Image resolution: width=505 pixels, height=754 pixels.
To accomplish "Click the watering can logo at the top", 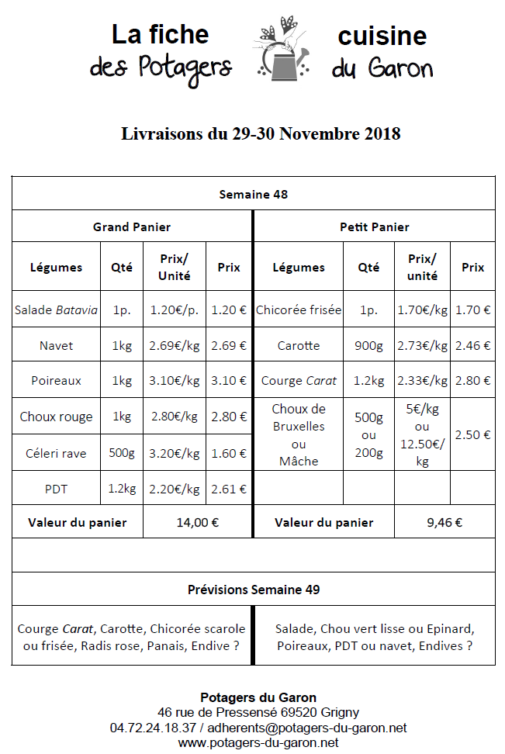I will pyautogui.click(x=285, y=51).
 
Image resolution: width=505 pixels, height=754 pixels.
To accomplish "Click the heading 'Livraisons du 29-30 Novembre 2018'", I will pyautogui.click(x=261, y=133).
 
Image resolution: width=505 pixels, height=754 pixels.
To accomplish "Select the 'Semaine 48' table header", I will pyautogui.click(x=253, y=194).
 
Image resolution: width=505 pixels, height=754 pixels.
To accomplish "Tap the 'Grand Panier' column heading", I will pyautogui.click(x=132, y=227).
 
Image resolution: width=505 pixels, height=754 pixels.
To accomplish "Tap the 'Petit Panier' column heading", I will pyautogui.click(x=374, y=227).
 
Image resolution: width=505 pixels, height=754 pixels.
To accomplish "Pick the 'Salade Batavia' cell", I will pyautogui.click(x=56, y=310).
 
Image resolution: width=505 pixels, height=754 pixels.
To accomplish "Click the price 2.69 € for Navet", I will pyautogui.click(x=229, y=346).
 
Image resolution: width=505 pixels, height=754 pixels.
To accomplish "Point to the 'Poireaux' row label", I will pyautogui.click(x=56, y=381).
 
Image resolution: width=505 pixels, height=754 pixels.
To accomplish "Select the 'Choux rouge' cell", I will pyautogui.click(x=56, y=417).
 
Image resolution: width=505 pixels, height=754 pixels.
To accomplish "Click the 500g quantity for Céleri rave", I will pyautogui.click(x=122, y=453).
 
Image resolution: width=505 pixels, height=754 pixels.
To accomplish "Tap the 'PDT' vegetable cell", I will pyautogui.click(x=56, y=489).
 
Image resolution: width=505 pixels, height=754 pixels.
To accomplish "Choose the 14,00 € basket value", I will pyautogui.click(x=197, y=522).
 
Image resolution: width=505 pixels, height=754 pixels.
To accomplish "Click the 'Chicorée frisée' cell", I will pyautogui.click(x=299, y=310).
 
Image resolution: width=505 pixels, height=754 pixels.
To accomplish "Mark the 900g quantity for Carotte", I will pyautogui.click(x=368, y=346).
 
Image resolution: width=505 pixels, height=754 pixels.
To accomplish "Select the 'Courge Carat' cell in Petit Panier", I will pyautogui.click(x=299, y=381).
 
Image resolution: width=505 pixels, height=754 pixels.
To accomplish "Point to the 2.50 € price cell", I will pyautogui.click(x=472, y=435).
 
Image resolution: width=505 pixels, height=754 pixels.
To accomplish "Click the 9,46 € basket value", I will pyautogui.click(x=444, y=522).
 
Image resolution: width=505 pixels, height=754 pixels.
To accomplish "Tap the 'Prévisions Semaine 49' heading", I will pyautogui.click(x=253, y=590).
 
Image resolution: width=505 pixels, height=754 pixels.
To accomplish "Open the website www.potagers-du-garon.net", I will pyautogui.click(x=258, y=742).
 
